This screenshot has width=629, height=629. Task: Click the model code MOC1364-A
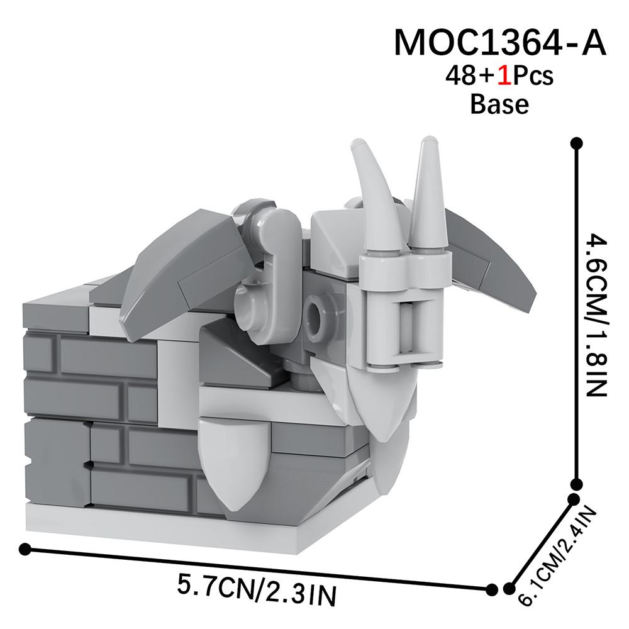pyautogui.click(x=500, y=43)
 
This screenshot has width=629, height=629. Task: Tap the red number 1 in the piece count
pyautogui.click(x=503, y=76)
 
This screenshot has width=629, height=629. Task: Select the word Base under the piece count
pyautogui.click(x=499, y=104)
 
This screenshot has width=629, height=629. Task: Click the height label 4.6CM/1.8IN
pyautogui.click(x=594, y=314)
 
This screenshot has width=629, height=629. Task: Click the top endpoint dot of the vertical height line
pyautogui.click(x=574, y=144)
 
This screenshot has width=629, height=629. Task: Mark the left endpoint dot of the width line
pyautogui.click(x=25, y=549)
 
